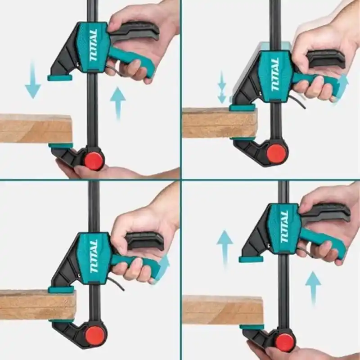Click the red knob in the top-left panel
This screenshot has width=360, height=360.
tap(94, 160)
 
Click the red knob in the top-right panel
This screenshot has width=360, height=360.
tap(276, 153)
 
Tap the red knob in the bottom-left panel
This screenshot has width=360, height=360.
tap(95, 335)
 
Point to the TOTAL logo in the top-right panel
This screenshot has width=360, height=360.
tap(275, 74)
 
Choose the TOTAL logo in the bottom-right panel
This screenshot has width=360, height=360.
tap(284, 227)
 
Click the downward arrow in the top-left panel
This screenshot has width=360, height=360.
tap(33, 79)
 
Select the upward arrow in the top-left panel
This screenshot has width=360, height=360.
tap(118, 104)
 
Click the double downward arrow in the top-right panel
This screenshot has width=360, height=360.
tap(222, 87)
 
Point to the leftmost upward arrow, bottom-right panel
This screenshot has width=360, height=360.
tap(225, 250)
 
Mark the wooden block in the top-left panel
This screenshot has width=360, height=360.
tap(36, 128)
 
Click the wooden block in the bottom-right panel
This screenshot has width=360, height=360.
tap(223, 310)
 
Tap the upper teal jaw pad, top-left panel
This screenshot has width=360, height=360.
tap(60, 77)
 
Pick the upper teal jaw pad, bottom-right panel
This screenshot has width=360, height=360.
tap(251, 259)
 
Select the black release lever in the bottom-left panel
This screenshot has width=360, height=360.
tap(145, 241)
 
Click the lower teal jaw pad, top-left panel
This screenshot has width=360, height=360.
tap(61, 146)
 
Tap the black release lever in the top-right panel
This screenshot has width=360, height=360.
tap(326, 59)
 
